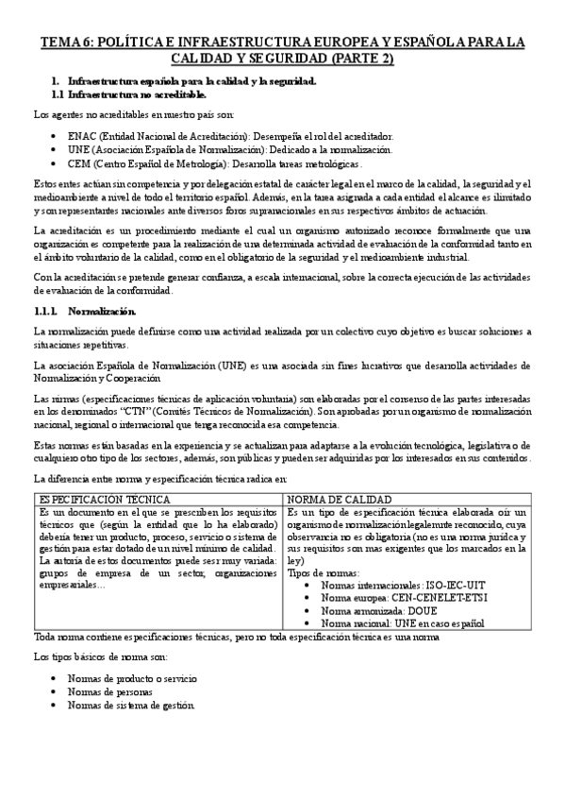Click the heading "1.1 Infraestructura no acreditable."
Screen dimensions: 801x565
[129, 95]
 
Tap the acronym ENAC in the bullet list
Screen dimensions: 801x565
[83, 136]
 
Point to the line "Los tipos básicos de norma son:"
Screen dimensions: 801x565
[101, 655]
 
